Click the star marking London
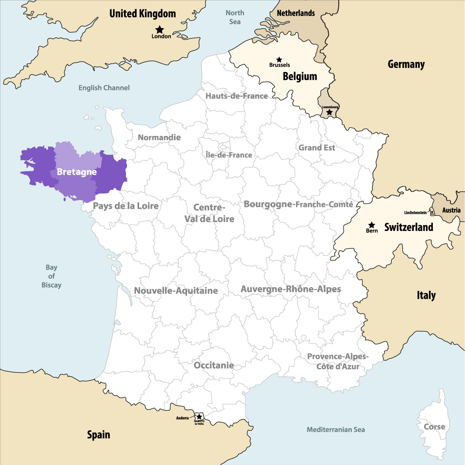click(160, 29)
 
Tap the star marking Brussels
click(279, 60)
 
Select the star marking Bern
click(372, 225)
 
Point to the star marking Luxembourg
click(329, 112)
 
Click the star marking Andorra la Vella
click(199, 417)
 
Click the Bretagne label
click(77, 172)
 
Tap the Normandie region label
click(159, 138)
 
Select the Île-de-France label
click(229, 155)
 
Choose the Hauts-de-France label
click(236, 96)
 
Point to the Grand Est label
click(317, 148)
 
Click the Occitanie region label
click(214, 365)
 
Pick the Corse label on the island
click(434, 427)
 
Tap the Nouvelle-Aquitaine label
click(176, 291)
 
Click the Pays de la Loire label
click(126, 206)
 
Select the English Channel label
click(104, 88)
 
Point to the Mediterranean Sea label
click(336, 429)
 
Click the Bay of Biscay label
click(52, 276)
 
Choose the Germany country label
click(406, 64)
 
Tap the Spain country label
click(98, 435)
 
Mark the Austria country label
click(451, 210)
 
